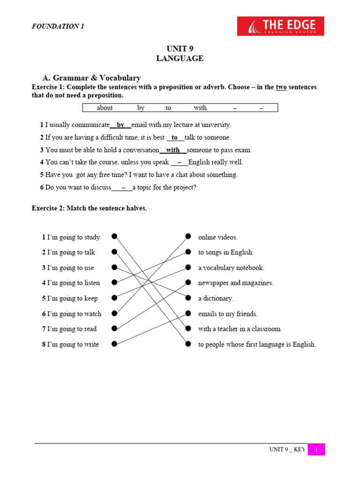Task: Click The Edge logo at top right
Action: [x=280, y=26]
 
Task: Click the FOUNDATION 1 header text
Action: [x=58, y=26]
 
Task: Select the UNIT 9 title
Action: [x=180, y=49]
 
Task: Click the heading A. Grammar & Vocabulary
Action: [x=91, y=78]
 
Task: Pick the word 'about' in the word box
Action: [x=105, y=108]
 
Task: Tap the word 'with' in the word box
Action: [x=200, y=108]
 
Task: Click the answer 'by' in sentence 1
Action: [x=120, y=125]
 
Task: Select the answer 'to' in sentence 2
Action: [x=175, y=137]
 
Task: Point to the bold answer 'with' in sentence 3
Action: [x=173, y=150]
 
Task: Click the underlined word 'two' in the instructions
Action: [x=281, y=87]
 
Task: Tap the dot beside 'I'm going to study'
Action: [x=114, y=237]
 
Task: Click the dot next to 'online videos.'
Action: [x=188, y=236]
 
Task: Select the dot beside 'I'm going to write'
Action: [x=114, y=345]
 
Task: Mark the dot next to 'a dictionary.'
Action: [x=188, y=298]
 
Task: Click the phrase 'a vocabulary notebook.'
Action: [x=231, y=268]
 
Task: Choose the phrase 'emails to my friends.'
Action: [x=228, y=314]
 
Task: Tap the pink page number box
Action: [x=316, y=450]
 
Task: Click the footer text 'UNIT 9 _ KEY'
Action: [x=287, y=450]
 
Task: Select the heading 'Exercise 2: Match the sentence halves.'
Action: [x=89, y=208]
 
